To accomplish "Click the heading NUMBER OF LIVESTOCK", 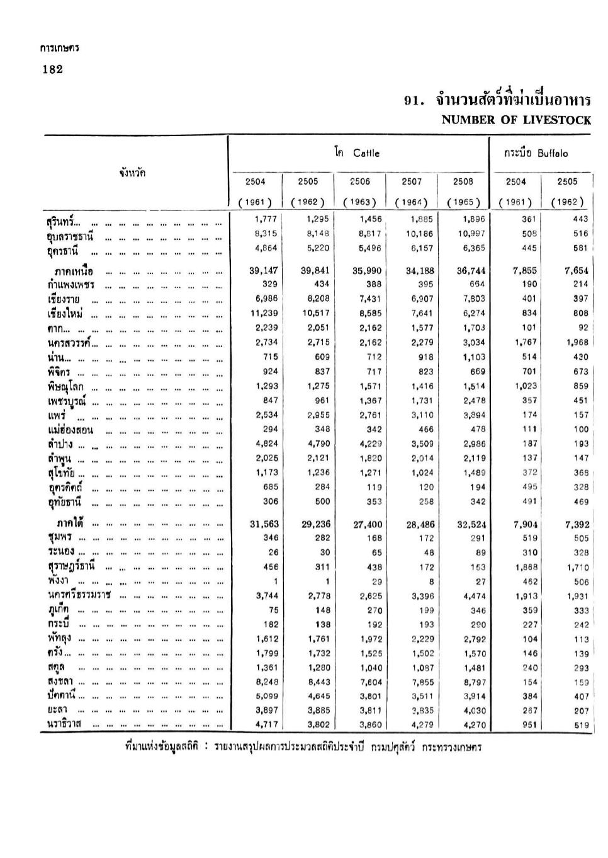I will click(516, 120).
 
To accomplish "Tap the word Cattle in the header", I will click(366, 153).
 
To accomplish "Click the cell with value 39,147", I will click(263, 271).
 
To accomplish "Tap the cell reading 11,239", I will click(264, 313).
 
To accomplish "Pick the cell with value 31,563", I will click(263, 524).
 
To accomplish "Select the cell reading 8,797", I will click(474, 682).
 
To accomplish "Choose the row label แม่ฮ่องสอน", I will click(70, 430).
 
